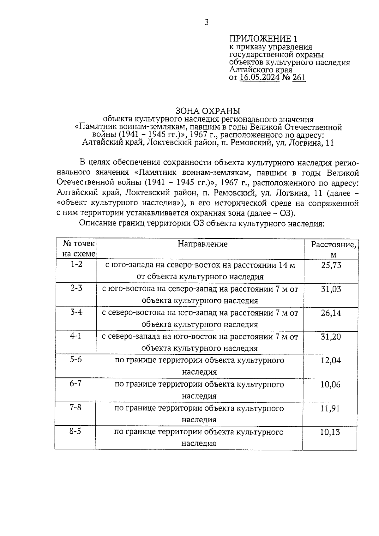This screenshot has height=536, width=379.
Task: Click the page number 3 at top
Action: (x=206, y=22)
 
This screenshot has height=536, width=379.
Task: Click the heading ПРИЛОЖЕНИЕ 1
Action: (x=263, y=39)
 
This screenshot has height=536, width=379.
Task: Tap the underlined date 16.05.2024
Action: (x=260, y=78)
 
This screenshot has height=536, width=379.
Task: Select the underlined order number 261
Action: (x=299, y=78)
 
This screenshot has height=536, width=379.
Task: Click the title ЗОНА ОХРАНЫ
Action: (x=208, y=111)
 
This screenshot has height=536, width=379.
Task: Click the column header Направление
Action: (x=202, y=244)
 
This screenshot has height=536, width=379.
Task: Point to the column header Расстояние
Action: (x=334, y=245)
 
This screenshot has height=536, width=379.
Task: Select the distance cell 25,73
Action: (x=331, y=265)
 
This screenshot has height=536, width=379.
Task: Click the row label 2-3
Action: (x=76, y=288)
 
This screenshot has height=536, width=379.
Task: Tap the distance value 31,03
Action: (x=331, y=289)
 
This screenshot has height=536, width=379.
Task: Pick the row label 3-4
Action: (x=76, y=312)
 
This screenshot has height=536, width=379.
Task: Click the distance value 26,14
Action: (x=331, y=313)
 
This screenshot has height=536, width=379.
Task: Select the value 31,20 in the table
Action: (x=331, y=337)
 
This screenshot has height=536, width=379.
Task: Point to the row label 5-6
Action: (x=76, y=359)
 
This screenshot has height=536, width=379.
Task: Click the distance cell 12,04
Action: (x=331, y=360)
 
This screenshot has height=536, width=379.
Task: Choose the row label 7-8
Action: (x=75, y=407)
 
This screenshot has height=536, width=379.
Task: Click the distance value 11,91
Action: (x=330, y=408)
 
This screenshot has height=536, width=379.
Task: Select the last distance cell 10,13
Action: (x=330, y=432)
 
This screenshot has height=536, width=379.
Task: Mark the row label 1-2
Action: (x=76, y=264)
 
